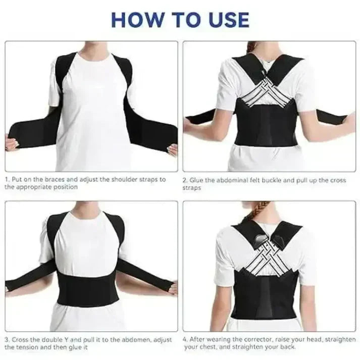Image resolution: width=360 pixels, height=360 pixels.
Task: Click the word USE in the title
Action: pos(226,19)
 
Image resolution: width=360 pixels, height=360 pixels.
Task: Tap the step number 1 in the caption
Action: pos(7,179)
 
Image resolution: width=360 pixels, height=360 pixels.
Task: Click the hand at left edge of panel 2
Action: pos(188,122)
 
